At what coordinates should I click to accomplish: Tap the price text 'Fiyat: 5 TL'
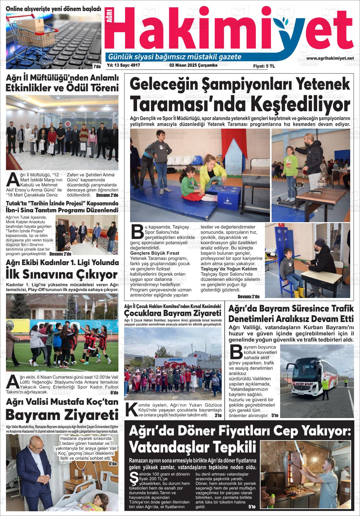coord(264,66)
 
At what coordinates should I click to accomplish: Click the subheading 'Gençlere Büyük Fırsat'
coord(154,253)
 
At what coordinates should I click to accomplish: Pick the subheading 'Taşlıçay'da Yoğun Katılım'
coord(229,269)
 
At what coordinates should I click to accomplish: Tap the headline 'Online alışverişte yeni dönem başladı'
coord(54,9)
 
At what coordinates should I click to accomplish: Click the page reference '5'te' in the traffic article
coord(275,416)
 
